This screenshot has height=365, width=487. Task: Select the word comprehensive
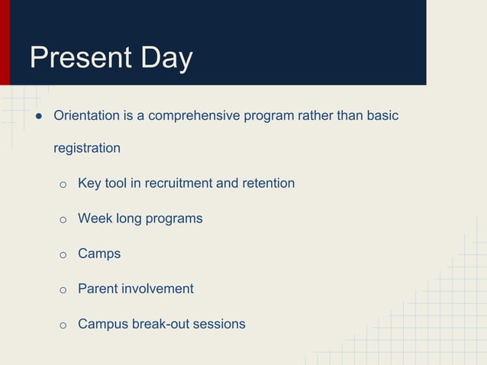pyautogui.click(x=195, y=115)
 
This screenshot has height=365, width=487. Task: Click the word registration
pyautogui.click(x=86, y=148)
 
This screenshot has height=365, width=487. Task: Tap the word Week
pyautogui.click(x=95, y=218)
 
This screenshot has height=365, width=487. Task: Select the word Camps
pyautogui.click(x=99, y=254)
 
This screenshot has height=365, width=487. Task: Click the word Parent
pyautogui.click(x=98, y=289)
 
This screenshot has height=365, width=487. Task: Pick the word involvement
pyautogui.click(x=158, y=289)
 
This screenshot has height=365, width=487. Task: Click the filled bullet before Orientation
pyautogui.click(x=37, y=116)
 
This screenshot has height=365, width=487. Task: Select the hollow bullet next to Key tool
pyautogui.click(x=63, y=185)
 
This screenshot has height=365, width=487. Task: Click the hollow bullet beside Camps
pyautogui.click(x=63, y=255)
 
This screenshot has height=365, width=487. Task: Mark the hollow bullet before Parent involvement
pyautogui.click(x=63, y=290)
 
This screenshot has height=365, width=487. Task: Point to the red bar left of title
pyautogui.click(x=5, y=42)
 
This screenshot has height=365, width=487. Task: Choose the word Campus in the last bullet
pyautogui.click(x=102, y=324)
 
